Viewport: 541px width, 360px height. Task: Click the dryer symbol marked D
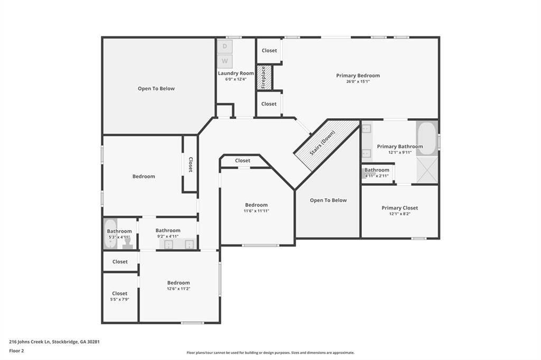pyautogui.click(x=225, y=46)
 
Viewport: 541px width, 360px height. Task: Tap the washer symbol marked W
pyautogui.click(x=225, y=61)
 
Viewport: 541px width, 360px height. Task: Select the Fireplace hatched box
pyautogui.click(x=264, y=77)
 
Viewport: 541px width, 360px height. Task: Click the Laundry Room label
pyautogui.click(x=236, y=73)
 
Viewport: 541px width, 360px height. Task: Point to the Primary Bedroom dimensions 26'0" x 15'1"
pyautogui.click(x=358, y=82)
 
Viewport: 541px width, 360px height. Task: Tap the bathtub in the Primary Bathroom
pyautogui.click(x=427, y=138)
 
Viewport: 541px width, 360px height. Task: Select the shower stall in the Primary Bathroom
pyautogui.click(x=427, y=170)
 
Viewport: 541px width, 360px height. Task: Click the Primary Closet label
pyautogui.click(x=399, y=208)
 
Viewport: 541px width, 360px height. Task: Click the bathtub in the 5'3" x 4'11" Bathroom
pyautogui.click(x=110, y=234)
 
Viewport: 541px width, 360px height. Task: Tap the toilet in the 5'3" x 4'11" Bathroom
pyautogui.click(x=127, y=243)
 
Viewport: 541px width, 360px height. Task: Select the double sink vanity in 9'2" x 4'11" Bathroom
pyautogui.click(x=178, y=244)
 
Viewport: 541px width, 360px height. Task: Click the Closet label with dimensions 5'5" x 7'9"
pyautogui.click(x=120, y=296)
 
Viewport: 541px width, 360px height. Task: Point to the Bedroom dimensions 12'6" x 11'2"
pyautogui.click(x=179, y=289)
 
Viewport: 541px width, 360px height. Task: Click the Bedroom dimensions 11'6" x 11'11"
pyautogui.click(x=256, y=211)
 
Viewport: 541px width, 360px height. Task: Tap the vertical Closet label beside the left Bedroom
pyautogui.click(x=190, y=164)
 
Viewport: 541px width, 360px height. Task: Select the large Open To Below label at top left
pyautogui.click(x=156, y=89)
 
